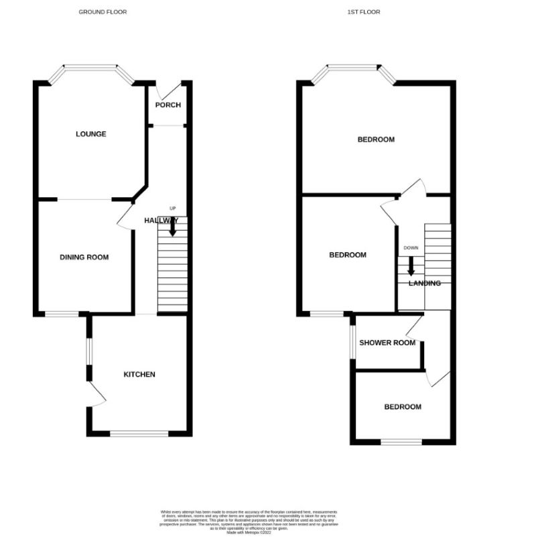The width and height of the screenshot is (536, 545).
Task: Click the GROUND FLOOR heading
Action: pos(103,12)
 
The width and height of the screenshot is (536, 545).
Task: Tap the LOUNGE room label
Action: pos(90,134)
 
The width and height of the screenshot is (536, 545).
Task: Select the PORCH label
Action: pos(168,105)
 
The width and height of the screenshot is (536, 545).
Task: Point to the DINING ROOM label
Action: pos(84,257)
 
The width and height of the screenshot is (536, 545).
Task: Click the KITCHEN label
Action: pos(139,374)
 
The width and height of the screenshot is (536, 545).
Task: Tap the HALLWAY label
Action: pos(161,221)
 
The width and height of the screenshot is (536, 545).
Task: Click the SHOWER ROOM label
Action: pos(387,343)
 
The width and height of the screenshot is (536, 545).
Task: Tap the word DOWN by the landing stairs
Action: pos(411,248)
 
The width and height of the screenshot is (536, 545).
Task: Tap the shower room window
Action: pos(352,342)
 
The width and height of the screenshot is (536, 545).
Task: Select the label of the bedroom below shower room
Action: pos(402,407)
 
